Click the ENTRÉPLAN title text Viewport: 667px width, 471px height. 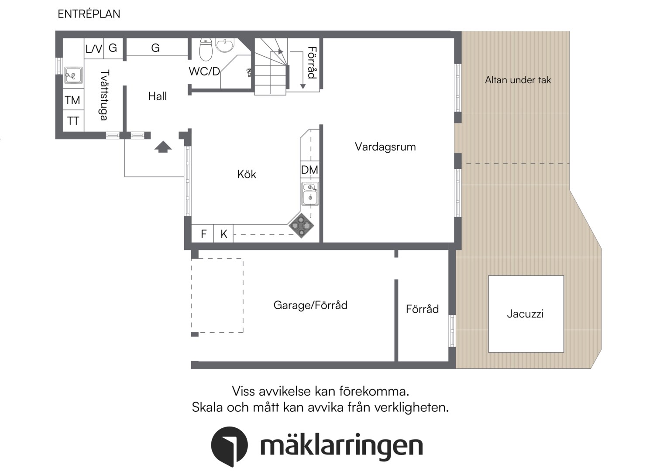coord(89,14)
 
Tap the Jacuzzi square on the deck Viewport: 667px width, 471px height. coord(526,314)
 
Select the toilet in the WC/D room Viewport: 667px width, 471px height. coord(206,49)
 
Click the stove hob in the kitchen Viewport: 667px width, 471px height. coord(301,225)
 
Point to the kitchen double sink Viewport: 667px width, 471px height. coord(310,194)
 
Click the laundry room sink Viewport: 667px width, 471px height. coord(73,75)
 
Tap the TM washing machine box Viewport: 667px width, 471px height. coord(73,100)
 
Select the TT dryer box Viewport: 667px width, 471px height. coord(73,121)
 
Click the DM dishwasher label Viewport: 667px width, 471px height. coord(309,170)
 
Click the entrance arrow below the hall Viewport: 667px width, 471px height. coord(163,147)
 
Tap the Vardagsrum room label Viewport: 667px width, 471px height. coord(385,147)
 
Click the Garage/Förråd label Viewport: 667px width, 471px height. coord(310,305)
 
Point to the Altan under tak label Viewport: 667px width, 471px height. coord(518,80)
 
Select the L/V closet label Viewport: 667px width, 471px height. coord(93,49)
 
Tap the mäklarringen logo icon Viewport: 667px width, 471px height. coord(229,446)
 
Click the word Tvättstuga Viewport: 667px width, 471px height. coord(104,95)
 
